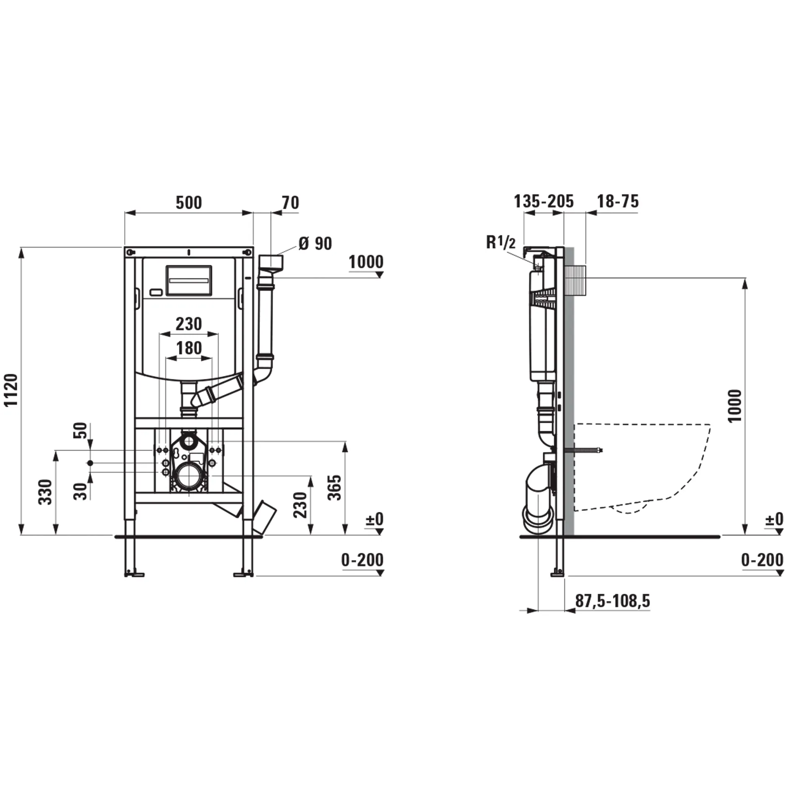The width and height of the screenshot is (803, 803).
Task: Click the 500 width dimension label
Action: point(189,203)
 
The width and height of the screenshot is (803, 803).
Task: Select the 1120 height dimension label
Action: point(11,390)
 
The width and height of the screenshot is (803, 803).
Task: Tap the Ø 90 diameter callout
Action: point(315,244)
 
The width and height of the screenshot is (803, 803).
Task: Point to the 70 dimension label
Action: point(290,203)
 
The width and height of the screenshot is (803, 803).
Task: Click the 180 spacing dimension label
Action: point(189,348)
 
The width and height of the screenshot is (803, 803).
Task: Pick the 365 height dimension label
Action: point(335,488)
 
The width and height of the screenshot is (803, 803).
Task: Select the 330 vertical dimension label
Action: point(46,492)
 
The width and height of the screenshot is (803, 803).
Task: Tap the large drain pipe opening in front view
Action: point(189,476)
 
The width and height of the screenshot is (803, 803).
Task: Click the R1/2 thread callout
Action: point(501,243)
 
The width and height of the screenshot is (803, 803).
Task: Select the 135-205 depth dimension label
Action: point(543,202)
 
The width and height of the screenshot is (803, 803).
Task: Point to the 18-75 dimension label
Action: point(617,202)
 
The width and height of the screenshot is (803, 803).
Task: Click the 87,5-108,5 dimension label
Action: point(612,601)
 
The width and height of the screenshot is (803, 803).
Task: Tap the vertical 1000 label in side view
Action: point(735,406)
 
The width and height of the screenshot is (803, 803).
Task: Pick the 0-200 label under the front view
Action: point(362,560)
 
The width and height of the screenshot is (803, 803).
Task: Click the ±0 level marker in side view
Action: point(774,519)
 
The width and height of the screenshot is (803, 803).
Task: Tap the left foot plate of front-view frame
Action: point(135,575)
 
